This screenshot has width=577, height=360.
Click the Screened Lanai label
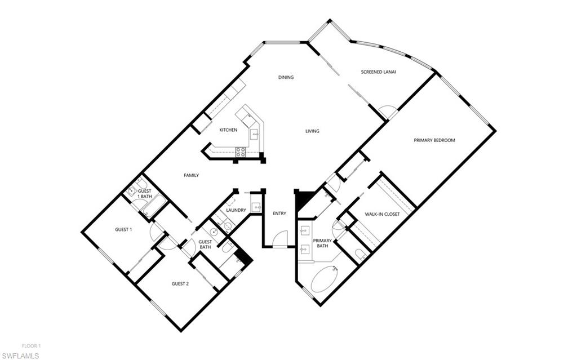(x=378, y=72)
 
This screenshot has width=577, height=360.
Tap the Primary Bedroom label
(x=434, y=140)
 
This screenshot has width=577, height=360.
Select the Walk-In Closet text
(x=382, y=214)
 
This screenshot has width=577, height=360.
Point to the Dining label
(x=286, y=77)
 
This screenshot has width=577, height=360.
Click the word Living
(x=312, y=131)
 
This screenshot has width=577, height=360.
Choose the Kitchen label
(x=228, y=130)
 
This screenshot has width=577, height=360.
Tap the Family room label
(x=192, y=175)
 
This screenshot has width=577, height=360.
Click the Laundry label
(x=236, y=210)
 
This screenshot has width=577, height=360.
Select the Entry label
(x=279, y=214)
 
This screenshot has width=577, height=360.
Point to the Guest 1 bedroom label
(x=123, y=229)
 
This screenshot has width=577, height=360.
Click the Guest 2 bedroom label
(x=180, y=283)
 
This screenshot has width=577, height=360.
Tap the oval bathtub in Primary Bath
(x=325, y=279)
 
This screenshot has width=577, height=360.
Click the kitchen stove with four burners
(x=241, y=152)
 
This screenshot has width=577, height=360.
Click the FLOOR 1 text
(x=32, y=346)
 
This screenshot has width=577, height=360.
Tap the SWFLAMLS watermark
(x=25, y=355)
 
